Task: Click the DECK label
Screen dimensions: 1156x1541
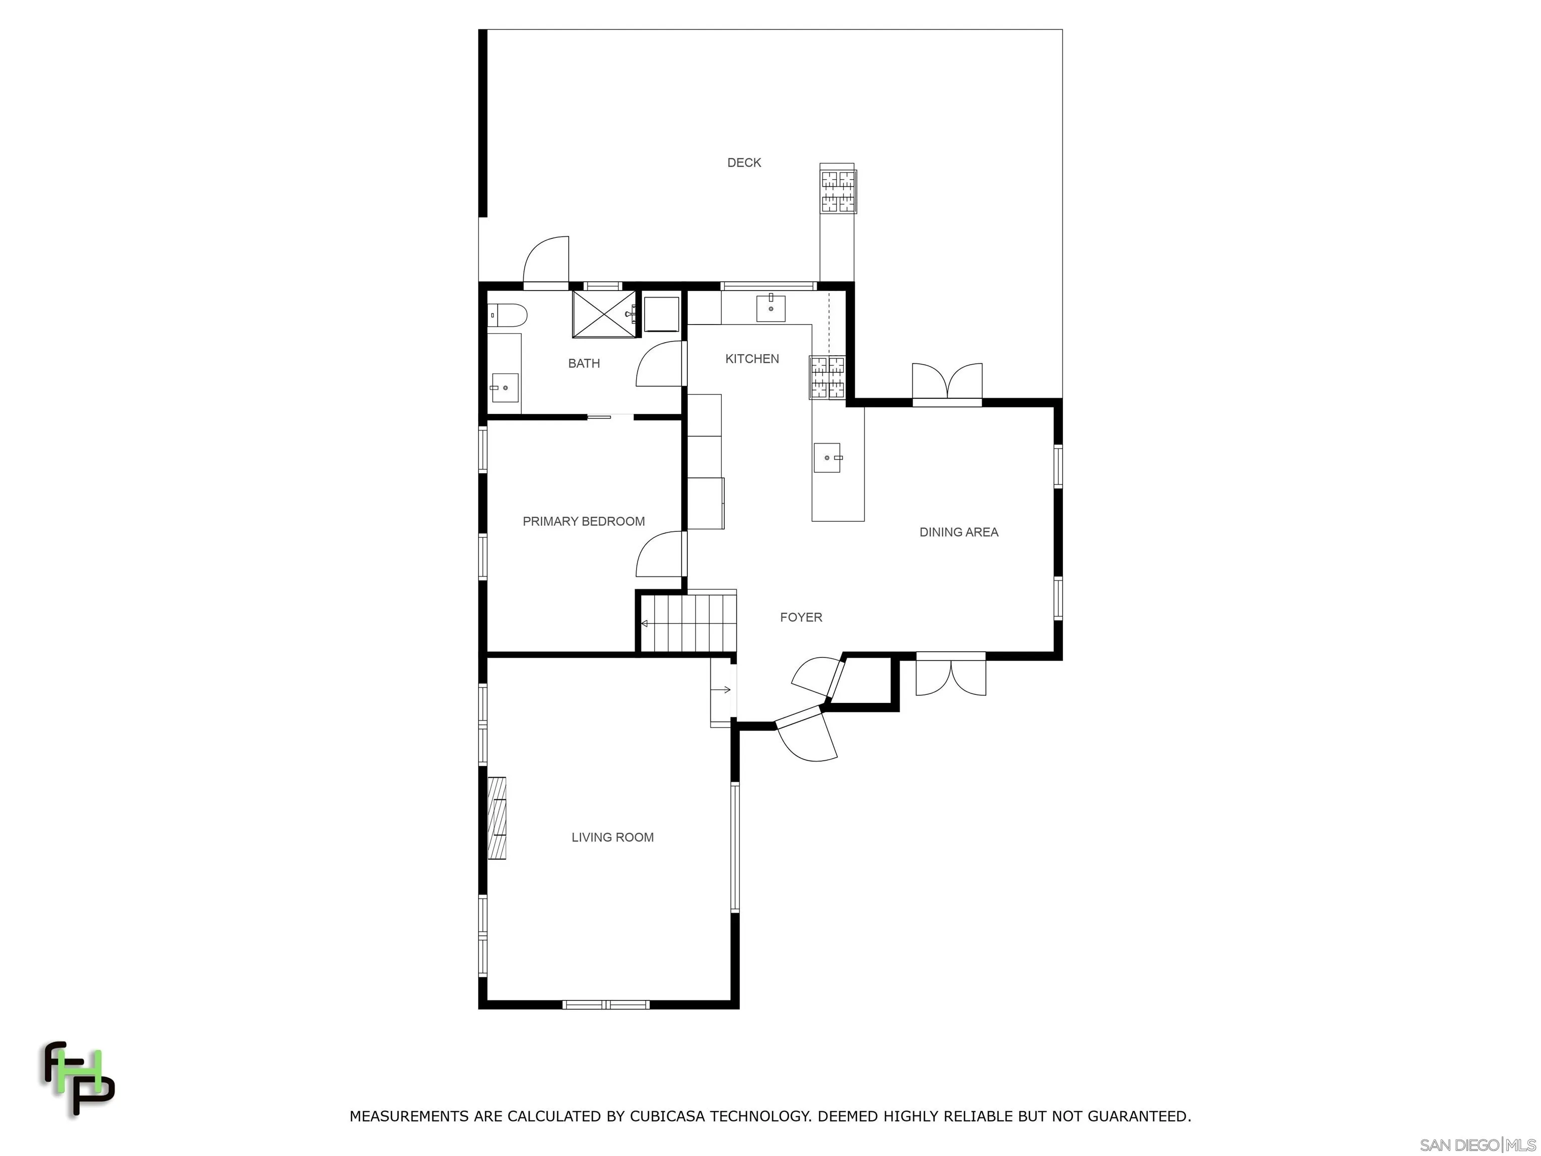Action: point(743,163)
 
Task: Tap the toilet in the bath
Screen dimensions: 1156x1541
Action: point(507,316)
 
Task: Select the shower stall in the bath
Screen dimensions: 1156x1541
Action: point(603,314)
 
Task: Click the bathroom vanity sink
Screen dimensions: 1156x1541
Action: point(504,387)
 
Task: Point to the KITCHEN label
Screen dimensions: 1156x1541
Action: point(752,359)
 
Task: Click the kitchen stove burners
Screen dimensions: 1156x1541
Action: point(827,377)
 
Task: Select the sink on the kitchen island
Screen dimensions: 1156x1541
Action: point(827,458)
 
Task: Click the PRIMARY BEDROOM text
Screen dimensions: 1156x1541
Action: point(583,521)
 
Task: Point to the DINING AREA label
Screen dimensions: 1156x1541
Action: point(959,532)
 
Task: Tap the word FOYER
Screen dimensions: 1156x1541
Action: point(801,617)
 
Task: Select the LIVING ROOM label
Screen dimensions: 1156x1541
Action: point(612,837)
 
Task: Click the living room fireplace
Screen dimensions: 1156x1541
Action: point(497,817)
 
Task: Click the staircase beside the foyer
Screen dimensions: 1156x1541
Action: point(688,622)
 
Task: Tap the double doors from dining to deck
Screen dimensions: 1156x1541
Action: point(947,383)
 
